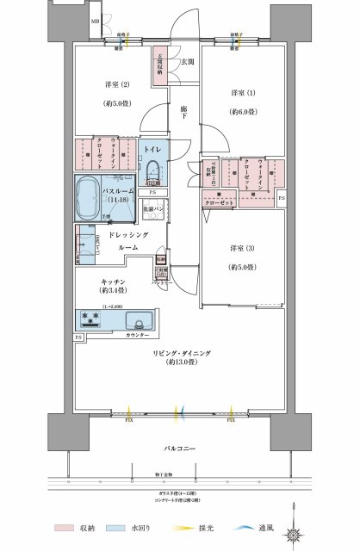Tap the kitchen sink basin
pyautogui.click(x=137, y=320)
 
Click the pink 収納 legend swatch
pyautogui.click(x=63, y=528)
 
